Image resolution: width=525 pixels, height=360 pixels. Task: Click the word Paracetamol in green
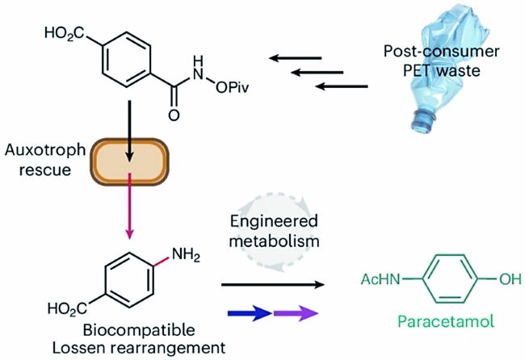(x=446, y=321)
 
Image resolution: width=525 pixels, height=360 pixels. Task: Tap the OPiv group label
(x=232, y=88)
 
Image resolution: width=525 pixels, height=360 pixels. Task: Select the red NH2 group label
(x=186, y=255)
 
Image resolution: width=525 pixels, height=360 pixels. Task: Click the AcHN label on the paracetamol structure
(x=380, y=278)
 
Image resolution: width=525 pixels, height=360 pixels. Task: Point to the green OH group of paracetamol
(x=510, y=278)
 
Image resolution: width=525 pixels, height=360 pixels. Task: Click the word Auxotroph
(x=45, y=150)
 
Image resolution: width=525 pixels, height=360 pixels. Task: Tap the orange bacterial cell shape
(x=129, y=162)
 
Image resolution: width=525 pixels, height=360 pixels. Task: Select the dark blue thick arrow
(x=250, y=313)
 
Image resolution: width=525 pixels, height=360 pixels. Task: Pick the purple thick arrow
(x=296, y=313)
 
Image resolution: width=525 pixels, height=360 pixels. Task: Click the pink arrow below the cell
(x=129, y=206)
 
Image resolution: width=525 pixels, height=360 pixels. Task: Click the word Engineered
(x=274, y=221)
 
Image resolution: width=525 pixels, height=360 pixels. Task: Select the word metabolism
(x=274, y=241)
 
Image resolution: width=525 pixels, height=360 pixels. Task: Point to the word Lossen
(x=78, y=348)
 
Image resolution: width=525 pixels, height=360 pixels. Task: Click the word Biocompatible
(x=139, y=330)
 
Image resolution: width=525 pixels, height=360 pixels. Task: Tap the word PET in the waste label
(x=418, y=70)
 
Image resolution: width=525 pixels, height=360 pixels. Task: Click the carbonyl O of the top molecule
(x=174, y=115)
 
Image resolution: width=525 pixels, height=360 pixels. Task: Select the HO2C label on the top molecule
(x=65, y=33)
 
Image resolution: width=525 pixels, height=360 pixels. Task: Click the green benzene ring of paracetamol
(x=450, y=279)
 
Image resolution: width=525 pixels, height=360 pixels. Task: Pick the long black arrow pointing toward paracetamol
(x=273, y=285)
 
